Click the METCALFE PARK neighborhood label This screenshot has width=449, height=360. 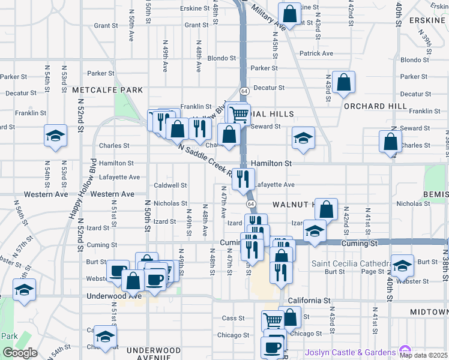107,90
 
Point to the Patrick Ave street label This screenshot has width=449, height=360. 316,53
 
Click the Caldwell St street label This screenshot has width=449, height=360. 171,185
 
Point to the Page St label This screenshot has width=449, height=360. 372,272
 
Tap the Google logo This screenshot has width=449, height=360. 20,352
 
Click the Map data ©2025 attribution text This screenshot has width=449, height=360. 424,355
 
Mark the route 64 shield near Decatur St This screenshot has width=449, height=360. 245,91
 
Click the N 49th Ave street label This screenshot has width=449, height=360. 164,59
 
